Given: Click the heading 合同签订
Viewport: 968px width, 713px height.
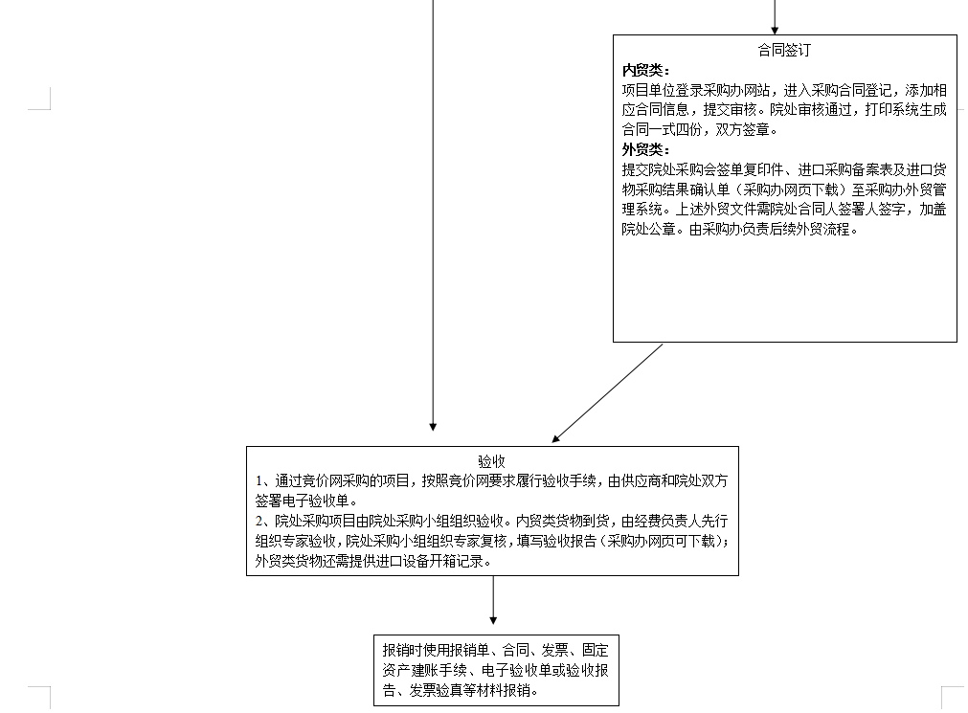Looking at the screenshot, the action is pyautogui.click(x=784, y=50).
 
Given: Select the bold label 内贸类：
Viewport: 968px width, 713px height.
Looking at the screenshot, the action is pyautogui.click(x=645, y=71).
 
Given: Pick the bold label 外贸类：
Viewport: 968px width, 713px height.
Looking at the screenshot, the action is pyautogui.click(x=645, y=149).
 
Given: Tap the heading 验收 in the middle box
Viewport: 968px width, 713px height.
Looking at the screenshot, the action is pyautogui.click(x=492, y=461).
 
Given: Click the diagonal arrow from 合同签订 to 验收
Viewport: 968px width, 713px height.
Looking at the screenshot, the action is pyautogui.click(x=607, y=393).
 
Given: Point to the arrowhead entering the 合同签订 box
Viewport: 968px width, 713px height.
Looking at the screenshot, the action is pyautogui.click(x=775, y=31).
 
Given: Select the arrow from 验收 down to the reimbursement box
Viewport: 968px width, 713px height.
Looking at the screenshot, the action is pyautogui.click(x=493, y=600).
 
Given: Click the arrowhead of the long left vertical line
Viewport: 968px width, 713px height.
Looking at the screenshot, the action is pyautogui.click(x=433, y=427).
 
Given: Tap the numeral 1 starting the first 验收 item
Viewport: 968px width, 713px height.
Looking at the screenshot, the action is pyautogui.click(x=259, y=480).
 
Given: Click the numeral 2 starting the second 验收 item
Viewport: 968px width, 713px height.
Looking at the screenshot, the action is pyautogui.click(x=259, y=521).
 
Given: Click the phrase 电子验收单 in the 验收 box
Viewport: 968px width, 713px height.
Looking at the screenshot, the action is pyautogui.click(x=315, y=501).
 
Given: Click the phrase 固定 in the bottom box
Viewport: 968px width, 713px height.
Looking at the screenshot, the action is pyautogui.click(x=596, y=650).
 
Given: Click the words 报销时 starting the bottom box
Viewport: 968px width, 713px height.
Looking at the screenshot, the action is pyautogui.click(x=402, y=650).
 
